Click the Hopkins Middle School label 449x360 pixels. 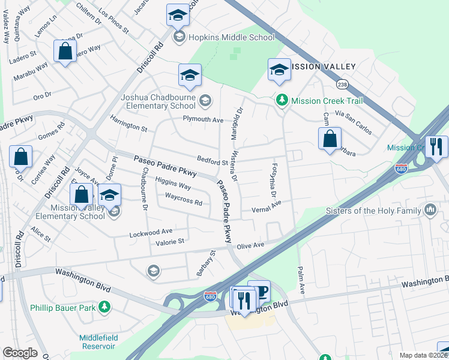pyautogui.click(x=232, y=37)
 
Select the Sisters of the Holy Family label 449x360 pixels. pyautogui.click(x=373, y=211)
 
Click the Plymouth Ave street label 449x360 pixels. pyautogui.click(x=203, y=119)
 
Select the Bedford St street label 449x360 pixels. pyautogui.click(x=212, y=161)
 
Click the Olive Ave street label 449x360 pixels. pyautogui.click(x=250, y=245)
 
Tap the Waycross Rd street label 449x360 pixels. pyautogui.click(x=183, y=200)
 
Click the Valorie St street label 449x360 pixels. pyautogui.click(x=170, y=242)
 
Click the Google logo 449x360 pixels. pyautogui.click(x=20, y=353)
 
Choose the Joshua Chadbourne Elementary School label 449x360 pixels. pyautogui.click(x=158, y=101)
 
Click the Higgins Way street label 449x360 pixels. pyautogui.click(x=173, y=182)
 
